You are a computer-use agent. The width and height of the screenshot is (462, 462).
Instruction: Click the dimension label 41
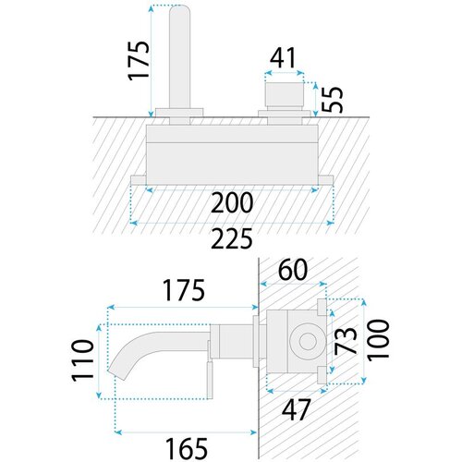point(283,57)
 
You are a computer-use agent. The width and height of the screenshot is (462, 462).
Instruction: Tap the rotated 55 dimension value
point(332,100)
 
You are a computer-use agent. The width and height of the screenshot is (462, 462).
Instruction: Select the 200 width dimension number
point(232,202)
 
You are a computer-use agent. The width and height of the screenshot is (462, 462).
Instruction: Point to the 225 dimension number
point(232,238)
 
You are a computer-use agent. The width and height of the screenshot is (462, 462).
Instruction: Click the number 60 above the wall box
point(293,269)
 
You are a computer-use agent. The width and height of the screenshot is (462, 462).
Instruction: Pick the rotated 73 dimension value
point(346,340)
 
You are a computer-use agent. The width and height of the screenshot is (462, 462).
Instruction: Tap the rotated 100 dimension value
point(379,340)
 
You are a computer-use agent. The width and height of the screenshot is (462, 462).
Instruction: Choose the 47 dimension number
point(296,409)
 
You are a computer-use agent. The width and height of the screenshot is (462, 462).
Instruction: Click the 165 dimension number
point(187,448)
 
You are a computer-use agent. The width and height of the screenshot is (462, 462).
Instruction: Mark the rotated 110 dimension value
point(82,360)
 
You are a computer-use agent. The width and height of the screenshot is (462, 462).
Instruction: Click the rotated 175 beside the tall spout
point(139,60)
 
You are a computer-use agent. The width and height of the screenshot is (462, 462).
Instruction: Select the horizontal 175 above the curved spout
point(184,290)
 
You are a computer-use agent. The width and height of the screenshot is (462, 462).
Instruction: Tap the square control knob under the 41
point(285,93)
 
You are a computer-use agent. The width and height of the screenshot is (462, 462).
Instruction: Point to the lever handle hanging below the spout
point(210,380)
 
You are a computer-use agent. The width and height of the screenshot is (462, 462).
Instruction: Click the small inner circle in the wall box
point(308,342)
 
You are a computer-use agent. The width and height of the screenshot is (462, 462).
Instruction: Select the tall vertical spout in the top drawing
point(180,57)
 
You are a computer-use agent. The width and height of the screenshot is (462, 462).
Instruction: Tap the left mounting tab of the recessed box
point(139,180)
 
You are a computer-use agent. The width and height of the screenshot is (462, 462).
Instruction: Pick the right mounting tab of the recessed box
point(326,180)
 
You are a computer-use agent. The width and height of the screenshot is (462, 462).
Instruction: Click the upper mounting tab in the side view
point(322,307)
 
